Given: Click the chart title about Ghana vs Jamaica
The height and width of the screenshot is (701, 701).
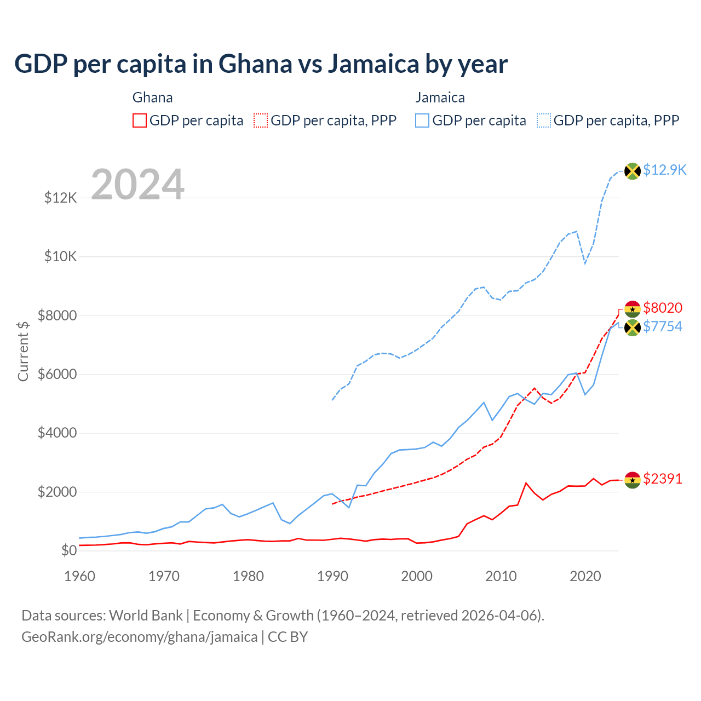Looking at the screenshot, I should (261, 64).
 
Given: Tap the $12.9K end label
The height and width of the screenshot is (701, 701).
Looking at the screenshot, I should (664, 170).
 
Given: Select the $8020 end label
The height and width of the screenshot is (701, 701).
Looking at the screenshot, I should (663, 308).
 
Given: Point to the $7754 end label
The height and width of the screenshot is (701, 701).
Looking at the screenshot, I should (663, 327).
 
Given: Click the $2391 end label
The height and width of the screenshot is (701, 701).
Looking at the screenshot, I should (663, 479).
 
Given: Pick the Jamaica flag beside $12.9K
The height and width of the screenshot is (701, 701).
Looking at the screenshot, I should (633, 171).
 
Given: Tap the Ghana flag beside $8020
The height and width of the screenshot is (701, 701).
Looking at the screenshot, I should (633, 309).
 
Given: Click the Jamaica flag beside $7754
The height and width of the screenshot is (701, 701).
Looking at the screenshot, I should (633, 328).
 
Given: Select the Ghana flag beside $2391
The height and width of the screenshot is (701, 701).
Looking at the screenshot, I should (633, 480).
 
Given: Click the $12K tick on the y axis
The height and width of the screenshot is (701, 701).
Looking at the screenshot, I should (61, 198).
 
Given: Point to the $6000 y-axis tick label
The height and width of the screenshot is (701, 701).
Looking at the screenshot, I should (58, 375).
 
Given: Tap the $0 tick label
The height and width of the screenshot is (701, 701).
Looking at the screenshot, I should (68, 551).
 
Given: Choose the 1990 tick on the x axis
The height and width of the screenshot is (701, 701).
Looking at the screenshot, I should (332, 576).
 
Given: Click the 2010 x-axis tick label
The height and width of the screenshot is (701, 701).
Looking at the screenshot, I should (501, 576).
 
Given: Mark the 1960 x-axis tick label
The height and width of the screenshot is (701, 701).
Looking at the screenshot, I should (80, 576).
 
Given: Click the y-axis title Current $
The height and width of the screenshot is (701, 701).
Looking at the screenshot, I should (23, 352).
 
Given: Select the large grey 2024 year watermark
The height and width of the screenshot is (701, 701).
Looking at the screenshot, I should (137, 185).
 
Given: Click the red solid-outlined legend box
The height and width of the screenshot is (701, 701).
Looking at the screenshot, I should (140, 120).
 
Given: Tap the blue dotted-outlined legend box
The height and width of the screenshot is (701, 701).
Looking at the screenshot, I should (544, 120).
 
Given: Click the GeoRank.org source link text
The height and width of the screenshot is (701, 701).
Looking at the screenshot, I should (140, 637).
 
